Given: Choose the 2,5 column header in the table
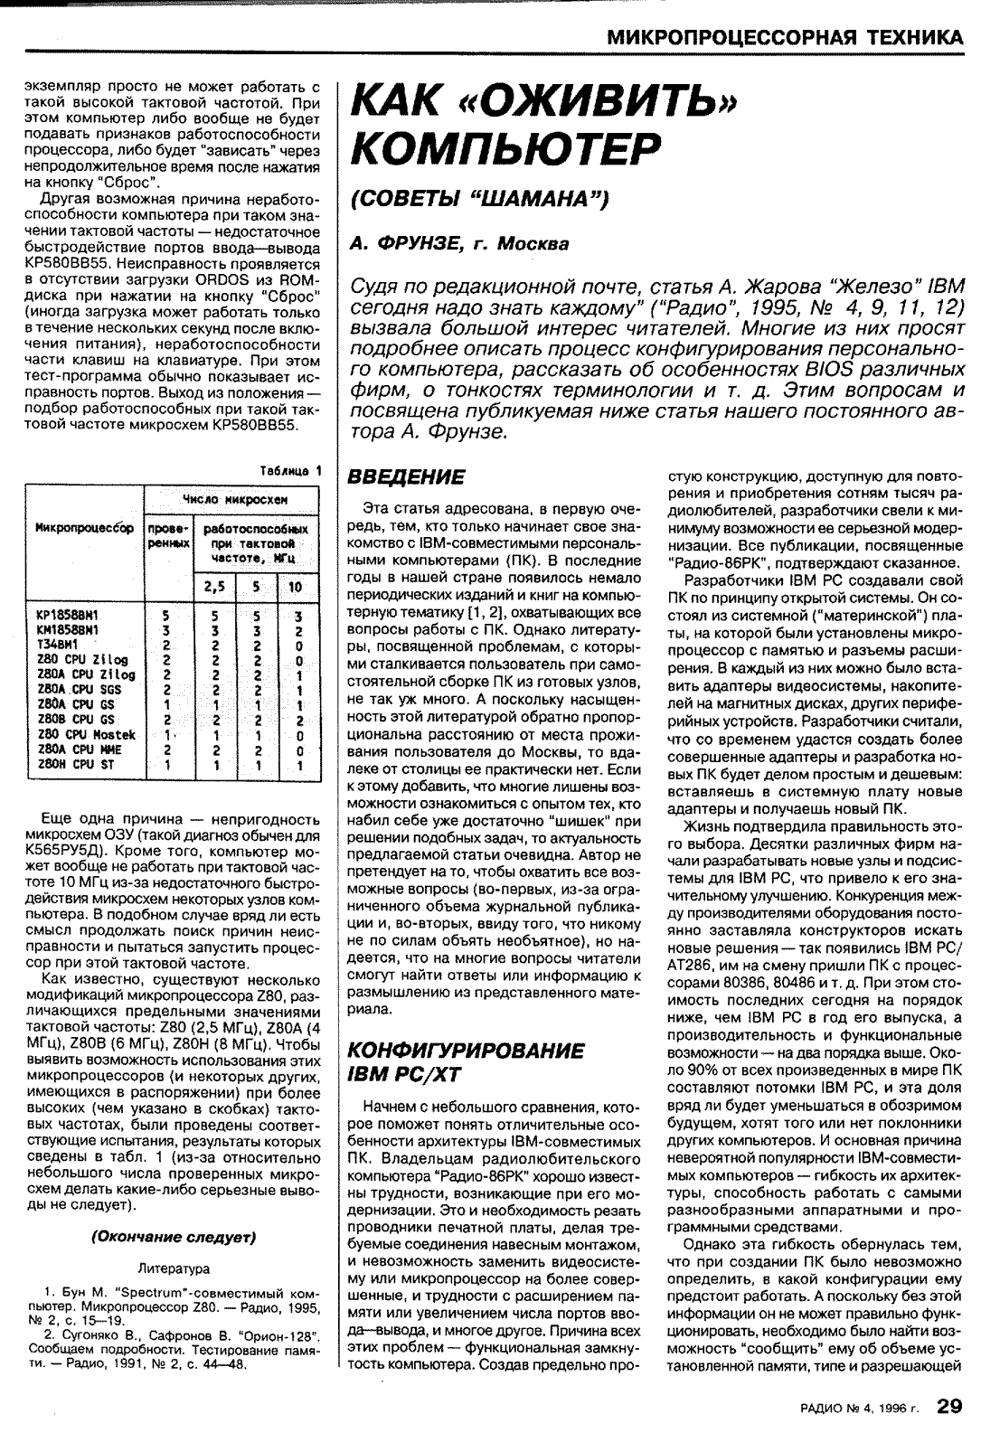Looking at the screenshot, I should point(214,586).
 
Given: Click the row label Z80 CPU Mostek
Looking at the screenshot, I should point(82,735).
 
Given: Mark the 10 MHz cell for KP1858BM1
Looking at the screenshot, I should point(298,617).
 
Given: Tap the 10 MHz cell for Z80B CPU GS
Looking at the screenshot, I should point(298,720).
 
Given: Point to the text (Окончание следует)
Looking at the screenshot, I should point(173,1236).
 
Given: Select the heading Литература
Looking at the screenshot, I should point(173,1268).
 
